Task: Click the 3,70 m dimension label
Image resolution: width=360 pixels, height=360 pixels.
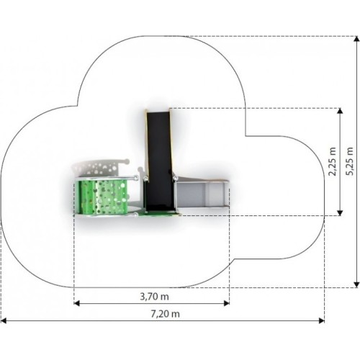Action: (x=154, y=297)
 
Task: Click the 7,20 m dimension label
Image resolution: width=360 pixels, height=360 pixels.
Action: (x=165, y=314)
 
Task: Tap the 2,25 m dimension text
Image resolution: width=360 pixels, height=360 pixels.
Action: (x=333, y=161)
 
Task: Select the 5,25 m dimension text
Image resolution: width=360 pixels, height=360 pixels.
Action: (x=350, y=161)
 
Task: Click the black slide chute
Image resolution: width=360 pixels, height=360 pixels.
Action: (x=159, y=161)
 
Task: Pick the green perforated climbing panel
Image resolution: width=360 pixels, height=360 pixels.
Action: (x=103, y=197)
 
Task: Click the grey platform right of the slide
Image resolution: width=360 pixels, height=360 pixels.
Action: (x=201, y=194)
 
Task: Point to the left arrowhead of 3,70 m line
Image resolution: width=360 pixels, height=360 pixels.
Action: (x=76, y=303)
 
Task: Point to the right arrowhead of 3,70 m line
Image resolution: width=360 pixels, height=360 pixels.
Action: (x=227, y=303)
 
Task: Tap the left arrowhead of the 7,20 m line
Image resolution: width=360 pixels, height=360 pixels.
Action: (x=4, y=320)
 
